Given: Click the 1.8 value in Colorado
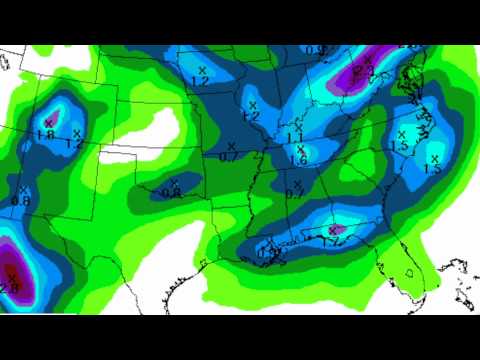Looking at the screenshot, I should (x=45, y=134).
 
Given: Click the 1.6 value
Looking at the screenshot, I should (x=298, y=160).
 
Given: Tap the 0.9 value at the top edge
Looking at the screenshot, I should (x=316, y=51).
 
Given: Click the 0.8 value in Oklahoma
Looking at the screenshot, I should (x=171, y=193).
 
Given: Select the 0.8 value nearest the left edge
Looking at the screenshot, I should (x=21, y=201).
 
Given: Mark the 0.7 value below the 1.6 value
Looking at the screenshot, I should (x=294, y=193).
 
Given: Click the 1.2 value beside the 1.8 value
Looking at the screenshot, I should (x=73, y=144).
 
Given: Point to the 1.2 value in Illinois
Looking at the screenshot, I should (x=251, y=116).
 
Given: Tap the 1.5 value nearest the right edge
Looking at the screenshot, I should (x=432, y=168).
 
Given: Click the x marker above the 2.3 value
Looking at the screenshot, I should (x=367, y=59).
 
